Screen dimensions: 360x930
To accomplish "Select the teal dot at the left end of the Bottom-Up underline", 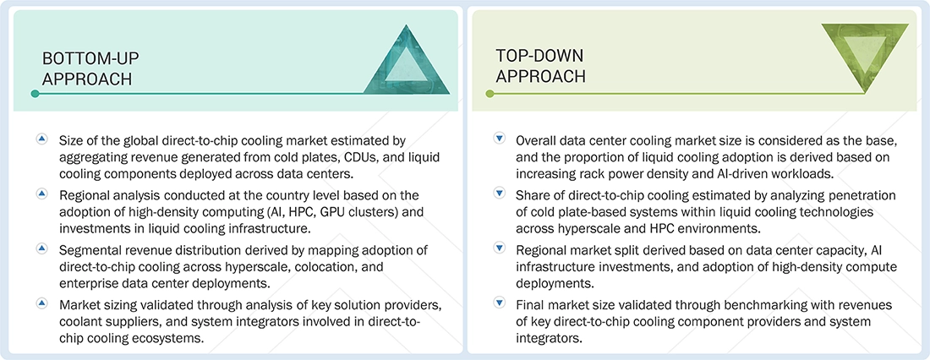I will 35,94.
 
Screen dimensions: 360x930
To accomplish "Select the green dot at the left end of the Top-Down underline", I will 476,94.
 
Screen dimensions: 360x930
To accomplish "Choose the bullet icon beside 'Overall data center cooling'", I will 499,139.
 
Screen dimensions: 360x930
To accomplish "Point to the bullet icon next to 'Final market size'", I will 499,303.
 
